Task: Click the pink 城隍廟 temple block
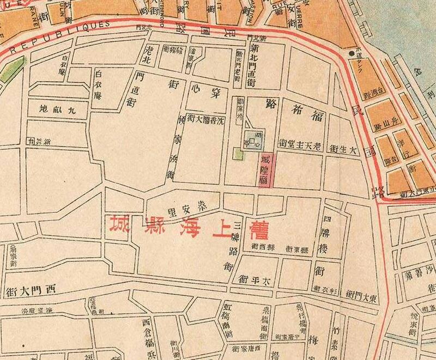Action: pos(265,169)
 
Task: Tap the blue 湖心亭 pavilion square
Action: pos(253,140)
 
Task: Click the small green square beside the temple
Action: pos(238,154)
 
